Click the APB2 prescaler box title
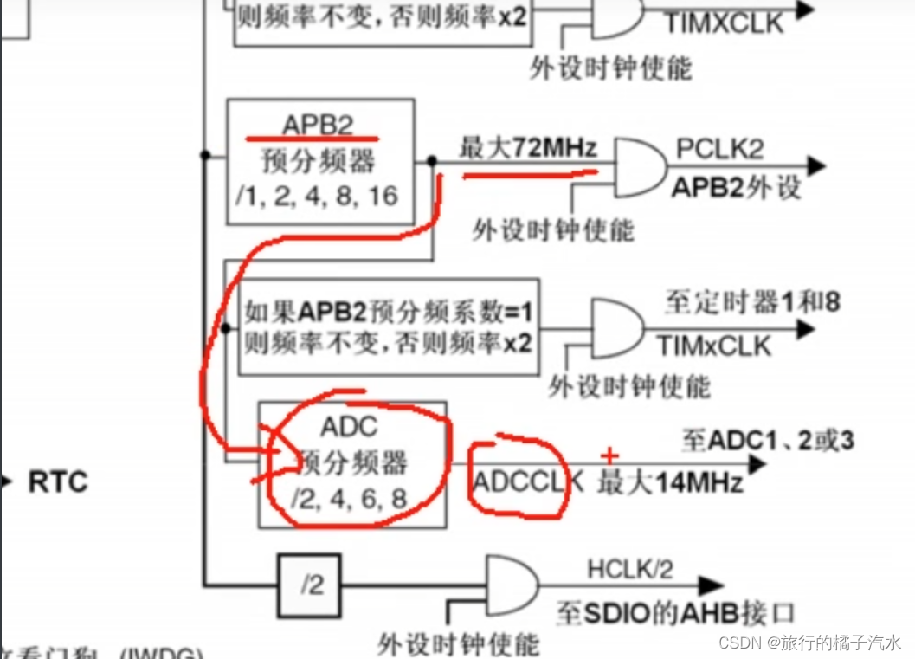(318, 126)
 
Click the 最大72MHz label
(528, 148)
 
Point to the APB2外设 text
(737, 187)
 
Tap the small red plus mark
(610, 455)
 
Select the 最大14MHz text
(670, 482)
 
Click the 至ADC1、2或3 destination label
(767, 440)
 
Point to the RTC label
(58, 481)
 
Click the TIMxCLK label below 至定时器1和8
(713, 346)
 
